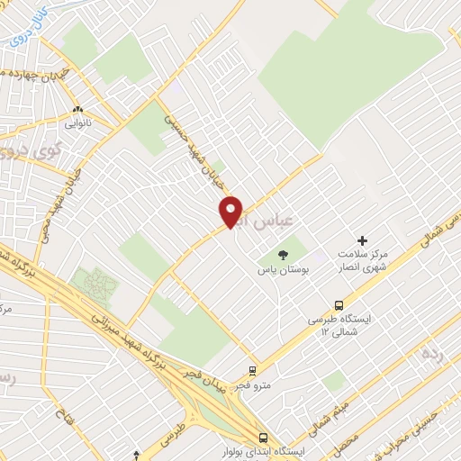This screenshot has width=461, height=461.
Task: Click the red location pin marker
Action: pyautogui.click(x=231, y=211)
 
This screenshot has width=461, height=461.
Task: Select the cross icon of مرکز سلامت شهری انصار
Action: pyautogui.click(x=363, y=240)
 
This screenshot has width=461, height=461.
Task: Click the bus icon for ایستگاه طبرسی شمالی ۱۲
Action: pyautogui.click(x=339, y=304)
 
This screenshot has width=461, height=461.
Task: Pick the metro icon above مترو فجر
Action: pyautogui.click(x=254, y=370)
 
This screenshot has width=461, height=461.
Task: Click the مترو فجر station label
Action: pyautogui.click(x=254, y=385)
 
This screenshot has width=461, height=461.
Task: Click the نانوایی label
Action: pyautogui.click(x=77, y=118)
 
